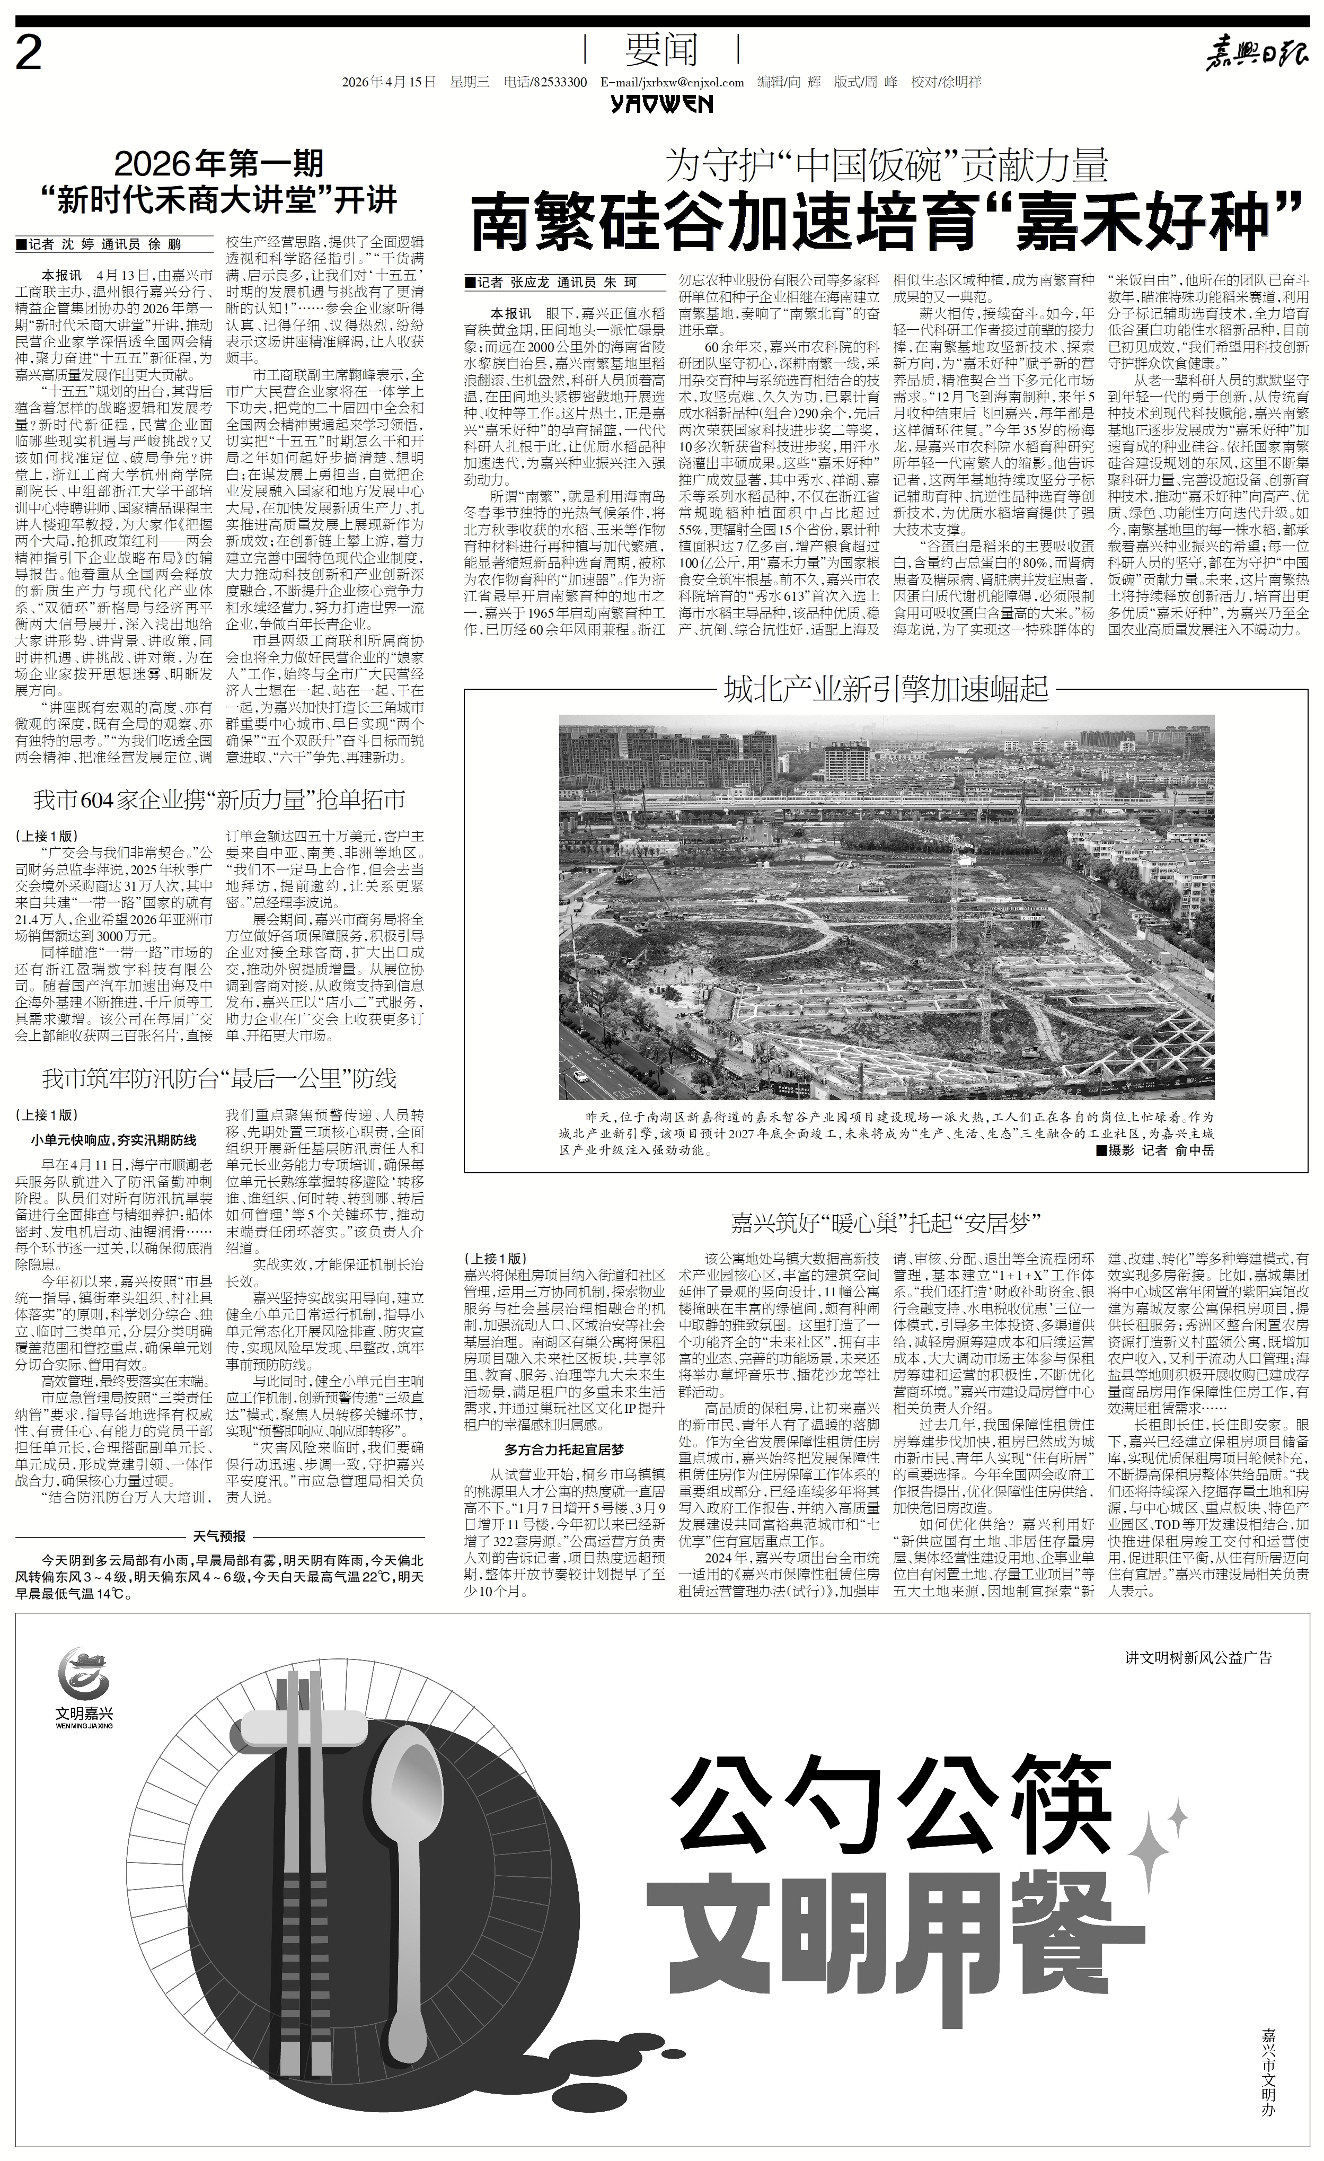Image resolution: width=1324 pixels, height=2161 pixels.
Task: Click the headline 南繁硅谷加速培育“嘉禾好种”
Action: click(886, 224)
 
